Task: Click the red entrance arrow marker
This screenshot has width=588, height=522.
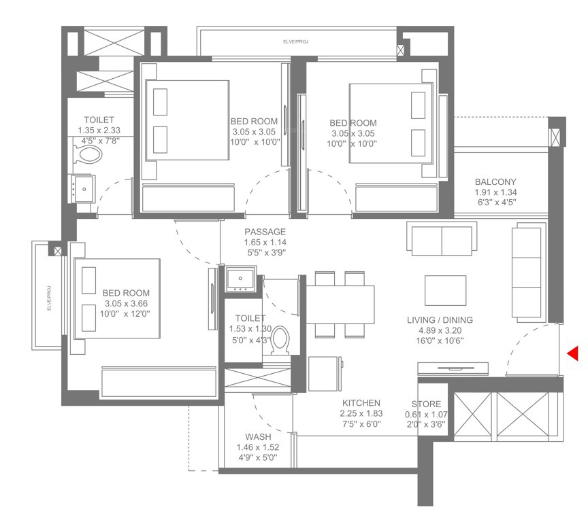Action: [573, 353]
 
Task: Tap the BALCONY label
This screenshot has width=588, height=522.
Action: [495, 181]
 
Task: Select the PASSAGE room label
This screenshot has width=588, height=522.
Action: [265, 232]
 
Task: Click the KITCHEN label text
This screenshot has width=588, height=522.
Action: [361, 403]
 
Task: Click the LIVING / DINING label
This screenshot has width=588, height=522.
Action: [440, 320]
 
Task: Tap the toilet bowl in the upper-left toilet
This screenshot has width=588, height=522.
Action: [88, 154]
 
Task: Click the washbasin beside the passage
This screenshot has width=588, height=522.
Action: [240, 279]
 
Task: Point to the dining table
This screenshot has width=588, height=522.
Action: [340, 304]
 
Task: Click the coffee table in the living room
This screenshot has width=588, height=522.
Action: [445, 290]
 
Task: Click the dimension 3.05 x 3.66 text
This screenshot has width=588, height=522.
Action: [127, 303]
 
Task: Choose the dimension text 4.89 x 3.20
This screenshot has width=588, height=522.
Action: [440, 331]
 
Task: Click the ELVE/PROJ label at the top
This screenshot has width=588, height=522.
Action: [296, 43]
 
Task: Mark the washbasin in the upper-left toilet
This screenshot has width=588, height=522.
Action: [83, 188]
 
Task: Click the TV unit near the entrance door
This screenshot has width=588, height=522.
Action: [453, 369]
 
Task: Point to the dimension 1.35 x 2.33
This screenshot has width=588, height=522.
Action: [99, 130]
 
